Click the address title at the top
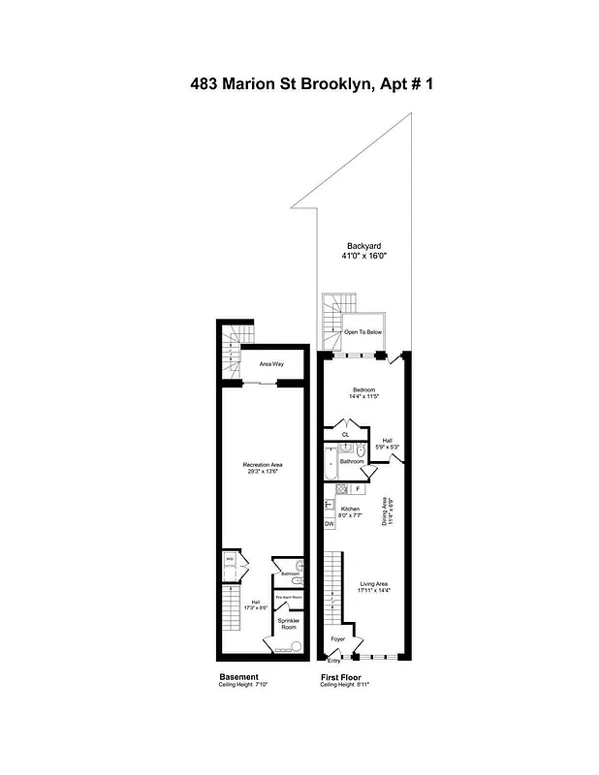(299, 84)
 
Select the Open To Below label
(363, 332)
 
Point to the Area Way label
(270, 364)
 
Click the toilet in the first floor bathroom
(360, 450)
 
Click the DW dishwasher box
(329, 524)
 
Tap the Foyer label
(338, 639)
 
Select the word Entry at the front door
(334, 661)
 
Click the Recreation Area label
(262, 465)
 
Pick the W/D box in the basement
(230, 559)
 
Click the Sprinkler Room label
(289, 623)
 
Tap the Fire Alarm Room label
(290, 598)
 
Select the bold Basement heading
(238, 676)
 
